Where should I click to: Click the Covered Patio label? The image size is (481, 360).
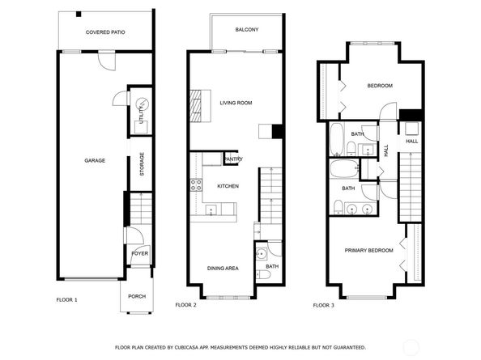click(105, 32)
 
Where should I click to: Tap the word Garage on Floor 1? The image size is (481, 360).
click(95, 160)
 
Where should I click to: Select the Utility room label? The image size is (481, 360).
click(141, 114)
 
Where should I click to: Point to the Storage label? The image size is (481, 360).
click(142, 164)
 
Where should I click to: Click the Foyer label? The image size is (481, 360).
click(140, 254)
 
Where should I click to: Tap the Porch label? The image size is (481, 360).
click(137, 297)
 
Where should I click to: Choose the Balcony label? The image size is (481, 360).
click(247, 30)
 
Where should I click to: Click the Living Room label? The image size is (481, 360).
click(236, 103)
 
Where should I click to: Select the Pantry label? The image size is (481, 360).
click(233, 159)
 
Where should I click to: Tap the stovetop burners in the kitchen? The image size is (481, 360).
click(196, 185)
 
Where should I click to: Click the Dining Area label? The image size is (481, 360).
click(223, 269)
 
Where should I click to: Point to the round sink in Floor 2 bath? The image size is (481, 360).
click(262, 254)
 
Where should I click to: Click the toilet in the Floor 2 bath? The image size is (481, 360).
click(263, 275)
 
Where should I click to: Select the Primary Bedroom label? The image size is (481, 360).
click(368, 251)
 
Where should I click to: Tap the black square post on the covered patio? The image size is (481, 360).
click(79, 14)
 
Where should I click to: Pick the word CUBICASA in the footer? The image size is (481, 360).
click(185, 347)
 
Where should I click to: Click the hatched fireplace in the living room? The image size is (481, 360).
click(195, 106)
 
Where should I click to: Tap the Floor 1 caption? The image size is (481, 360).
click(67, 300)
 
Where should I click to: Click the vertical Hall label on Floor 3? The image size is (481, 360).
click(386, 150)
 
